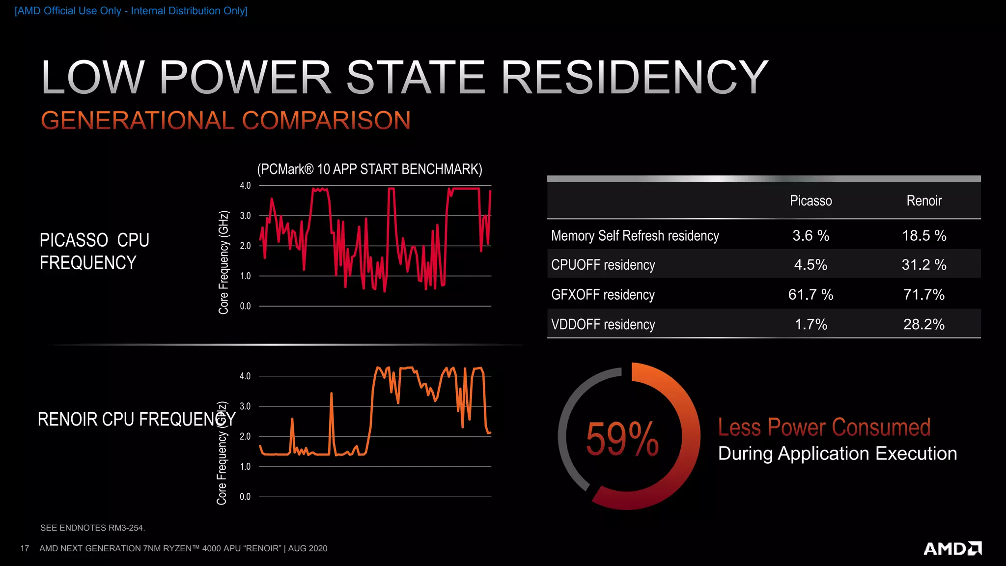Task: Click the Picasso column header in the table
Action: pyautogui.click(x=810, y=200)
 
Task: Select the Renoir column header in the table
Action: pyautogui.click(x=924, y=200)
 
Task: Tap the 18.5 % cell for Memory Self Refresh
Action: pyautogui.click(x=924, y=236)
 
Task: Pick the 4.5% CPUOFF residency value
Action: pyautogui.click(x=810, y=265)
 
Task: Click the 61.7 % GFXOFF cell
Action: pyautogui.click(x=810, y=295)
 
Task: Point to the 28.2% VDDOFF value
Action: pyautogui.click(x=924, y=324)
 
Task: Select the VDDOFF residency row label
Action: pyautogui.click(x=603, y=325)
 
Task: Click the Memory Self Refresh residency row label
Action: pyautogui.click(x=635, y=236)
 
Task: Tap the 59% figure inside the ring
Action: pyautogui.click(x=622, y=438)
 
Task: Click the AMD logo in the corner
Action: pyautogui.click(x=952, y=548)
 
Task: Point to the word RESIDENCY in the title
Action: pyautogui.click(x=634, y=77)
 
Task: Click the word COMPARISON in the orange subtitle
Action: pyautogui.click(x=326, y=121)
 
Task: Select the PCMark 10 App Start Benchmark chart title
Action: pyautogui.click(x=369, y=170)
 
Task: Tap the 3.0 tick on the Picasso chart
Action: pyautogui.click(x=245, y=216)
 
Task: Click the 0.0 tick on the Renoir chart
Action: pyautogui.click(x=245, y=497)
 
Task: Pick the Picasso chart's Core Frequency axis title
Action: pyautogui.click(x=224, y=262)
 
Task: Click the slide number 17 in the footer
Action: pyautogui.click(x=25, y=548)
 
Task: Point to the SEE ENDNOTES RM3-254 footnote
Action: pyautogui.click(x=92, y=528)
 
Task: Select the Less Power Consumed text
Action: pyautogui.click(x=824, y=427)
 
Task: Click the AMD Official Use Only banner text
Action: pyautogui.click(x=131, y=11)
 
